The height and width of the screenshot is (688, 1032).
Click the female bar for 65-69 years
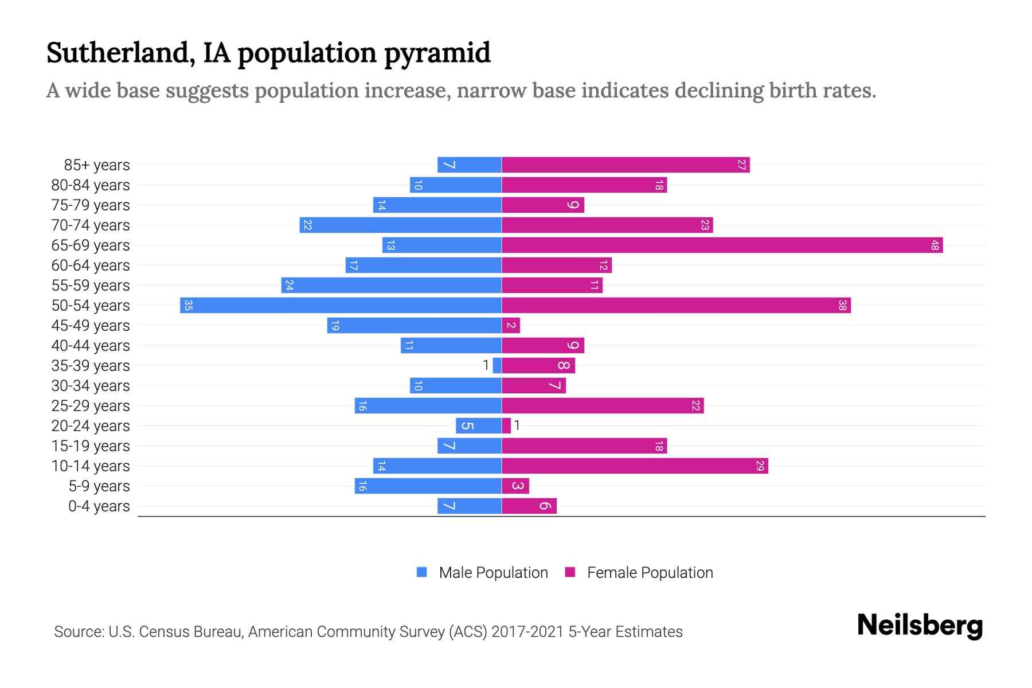click(x=722, y=245)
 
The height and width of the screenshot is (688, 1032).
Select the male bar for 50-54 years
click(x=341, y=306)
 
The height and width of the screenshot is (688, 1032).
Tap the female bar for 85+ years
click(x=626, y=165)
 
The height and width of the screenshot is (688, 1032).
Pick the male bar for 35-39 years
click(x=497, y=366)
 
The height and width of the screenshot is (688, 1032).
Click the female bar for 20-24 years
click(x=506, y=426)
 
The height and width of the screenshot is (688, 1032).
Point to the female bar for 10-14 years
click(x=635, y=466)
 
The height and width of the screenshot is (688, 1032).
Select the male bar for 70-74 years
click(x=400, y=225)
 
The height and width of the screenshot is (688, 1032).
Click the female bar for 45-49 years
click(x=511, y=326)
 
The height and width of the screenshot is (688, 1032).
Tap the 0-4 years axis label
click(x=99, y=506)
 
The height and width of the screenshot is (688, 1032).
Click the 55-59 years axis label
click(x=91, y=286)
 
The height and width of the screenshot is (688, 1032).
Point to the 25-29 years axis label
click(x=91, y=406)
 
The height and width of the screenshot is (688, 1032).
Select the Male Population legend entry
click(x=482, y=573)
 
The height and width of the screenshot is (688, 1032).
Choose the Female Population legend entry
click(x=639, y=573)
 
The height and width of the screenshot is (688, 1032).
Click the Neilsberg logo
click(x=920, y=626)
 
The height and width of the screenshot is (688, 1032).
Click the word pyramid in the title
click(x=437, y=53)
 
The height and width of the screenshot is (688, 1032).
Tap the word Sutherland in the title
click(x=118, y=53)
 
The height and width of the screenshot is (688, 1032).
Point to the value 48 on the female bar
click(x=935, y=245)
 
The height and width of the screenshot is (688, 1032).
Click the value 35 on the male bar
click(x=188, y=306)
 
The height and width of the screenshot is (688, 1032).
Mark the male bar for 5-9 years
click(x=428, y=486)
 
